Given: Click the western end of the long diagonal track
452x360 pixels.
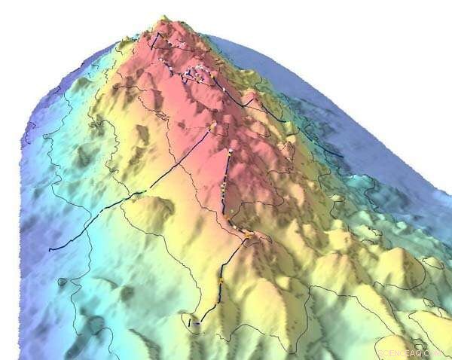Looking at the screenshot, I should (x=50, y=250).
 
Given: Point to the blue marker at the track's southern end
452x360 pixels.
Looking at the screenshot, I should (x=197, y=322).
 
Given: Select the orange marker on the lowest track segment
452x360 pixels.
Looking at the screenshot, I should (x=221, y=280).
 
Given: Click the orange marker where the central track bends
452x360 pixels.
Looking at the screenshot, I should (x=246, y=236).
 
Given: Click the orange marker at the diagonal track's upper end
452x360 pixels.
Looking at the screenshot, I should (x=213, y=125).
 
